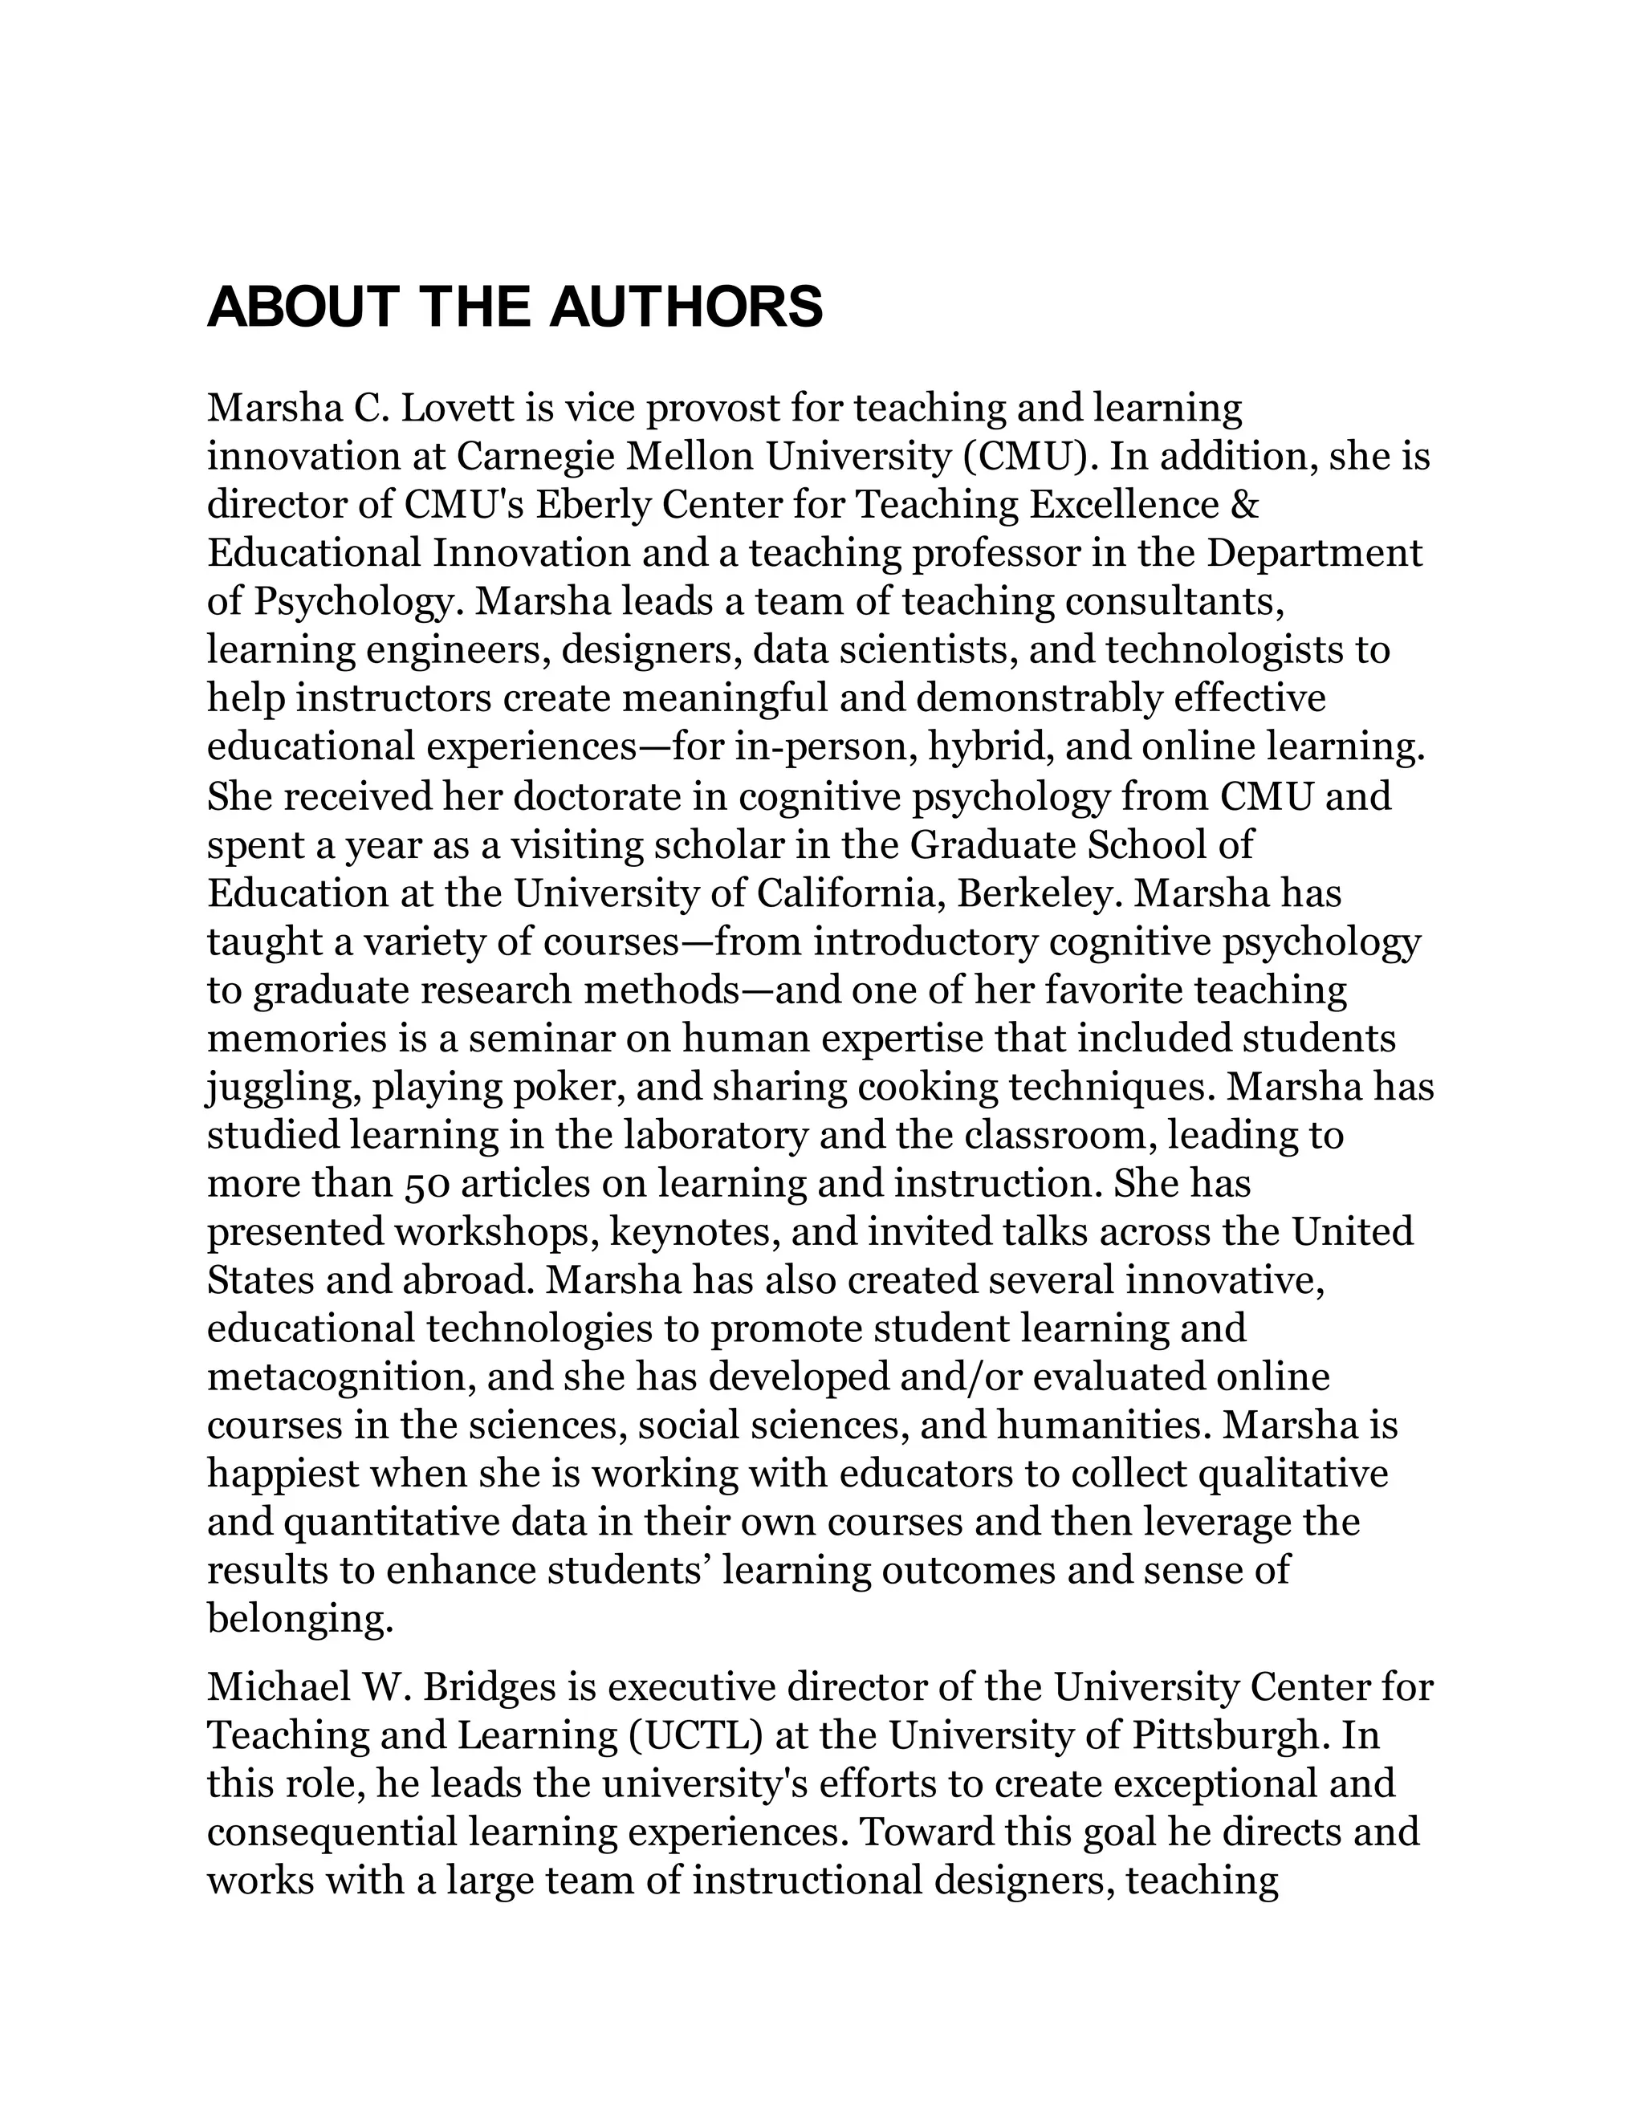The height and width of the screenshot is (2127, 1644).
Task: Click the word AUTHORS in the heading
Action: pyautogui.click(x=686, y=307)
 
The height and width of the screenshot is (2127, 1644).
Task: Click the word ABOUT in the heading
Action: pyautogui.click(x=303, y=307)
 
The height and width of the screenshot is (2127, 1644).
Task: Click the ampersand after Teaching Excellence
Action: pyautogui.click(x=1246, y=505)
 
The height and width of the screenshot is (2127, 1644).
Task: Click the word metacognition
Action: pyautogui.click(x=339, y=1377)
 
